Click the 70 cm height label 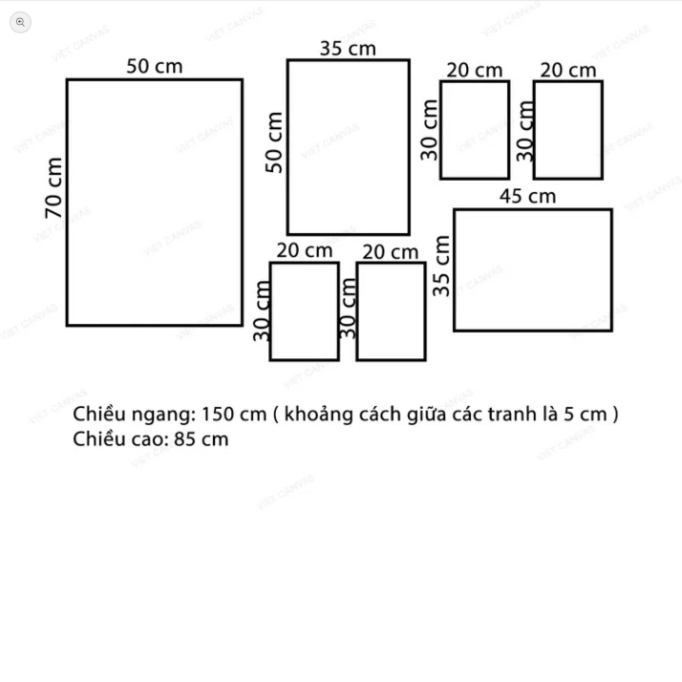click(x=54, y=188)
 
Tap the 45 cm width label click(x=528, y=196)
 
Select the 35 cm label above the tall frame click(x=348, y=49)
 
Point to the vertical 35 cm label click(x=441, y=266)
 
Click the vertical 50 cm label click(x=274, y=143)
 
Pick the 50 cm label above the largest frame click(x=155, y=66)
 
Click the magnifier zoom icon click(x=20, y=22)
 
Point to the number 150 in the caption click(x=216, y=414)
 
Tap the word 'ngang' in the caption click(x=164, y=416)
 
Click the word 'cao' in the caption click(x=150, y=440)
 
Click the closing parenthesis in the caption click(x=615, y=414)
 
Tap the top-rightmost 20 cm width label click(x=568, y=70)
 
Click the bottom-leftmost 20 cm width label click(x=304, y=251)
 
